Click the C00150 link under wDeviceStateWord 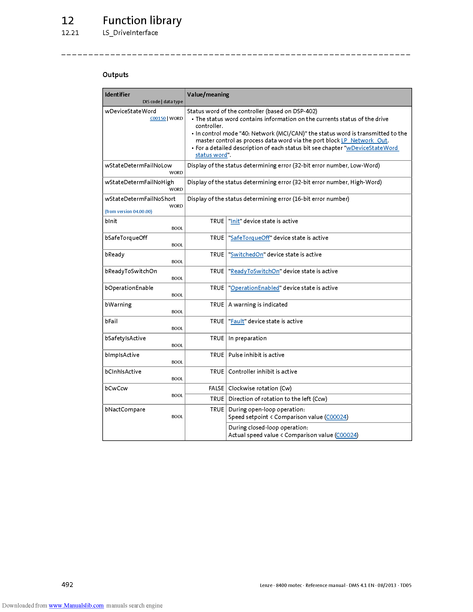(158, 119)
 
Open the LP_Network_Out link (364, 140)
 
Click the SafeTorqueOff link (250, 238)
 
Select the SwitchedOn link (247, 255)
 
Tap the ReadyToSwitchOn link (255, 271)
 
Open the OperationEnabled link (255, 288)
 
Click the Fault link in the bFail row (237, 321)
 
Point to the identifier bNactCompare (125, 409)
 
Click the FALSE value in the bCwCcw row (216, 388)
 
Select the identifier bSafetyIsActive (125, 338)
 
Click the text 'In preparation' (247, 338)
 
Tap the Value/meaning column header (208, 95)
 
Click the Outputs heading (115, 75)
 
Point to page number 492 (67, 584)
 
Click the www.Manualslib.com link (76, 605)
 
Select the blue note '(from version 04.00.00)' (128, 212)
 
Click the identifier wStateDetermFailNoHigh (139, 182)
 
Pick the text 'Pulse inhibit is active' (256, 355)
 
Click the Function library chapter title (142, 21)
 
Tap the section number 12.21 (70, 33)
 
